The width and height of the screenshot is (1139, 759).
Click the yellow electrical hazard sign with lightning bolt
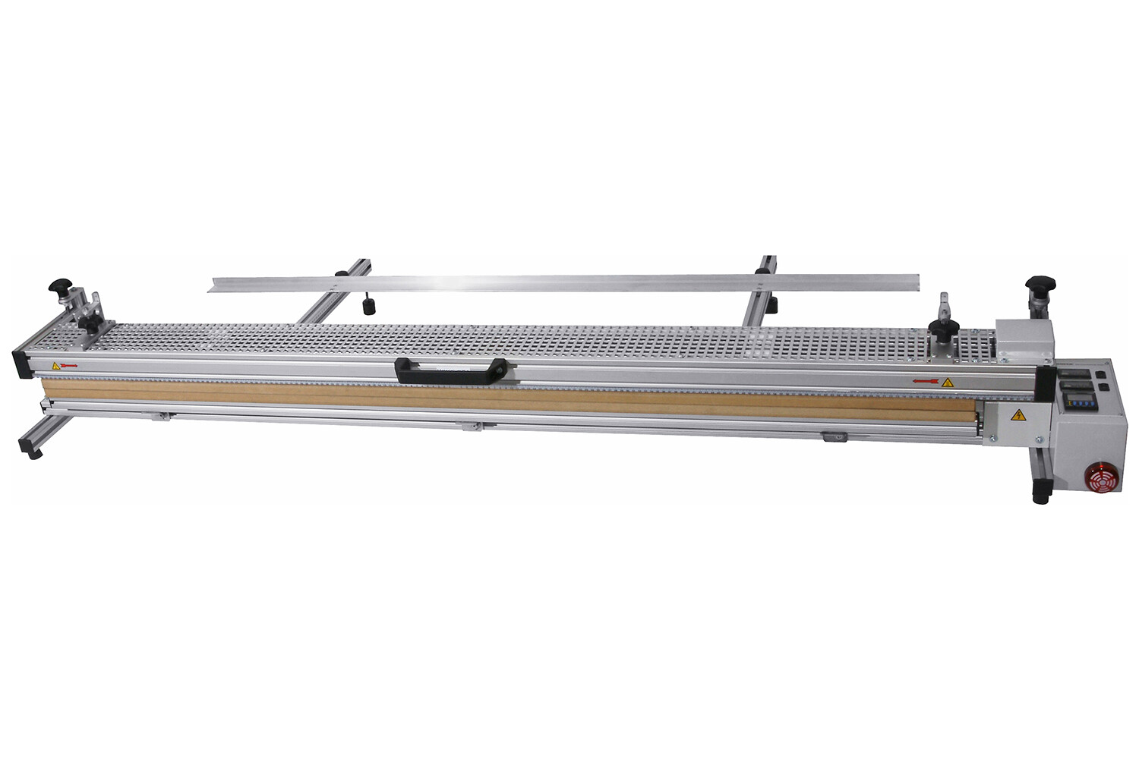[1017, 414]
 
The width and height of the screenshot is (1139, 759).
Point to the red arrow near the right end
[926, 380]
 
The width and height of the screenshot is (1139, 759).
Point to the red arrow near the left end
[69, 365]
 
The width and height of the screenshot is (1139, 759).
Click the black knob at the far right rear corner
[1040, 285]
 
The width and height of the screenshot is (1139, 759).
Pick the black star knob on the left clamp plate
[92, 323]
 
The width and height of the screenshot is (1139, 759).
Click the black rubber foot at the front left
[33, 453]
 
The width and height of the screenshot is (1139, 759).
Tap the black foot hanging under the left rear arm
[370, 307]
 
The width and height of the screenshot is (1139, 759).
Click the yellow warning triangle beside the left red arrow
[55, 366]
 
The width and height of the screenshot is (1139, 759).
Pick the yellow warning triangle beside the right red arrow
[946, 381]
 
